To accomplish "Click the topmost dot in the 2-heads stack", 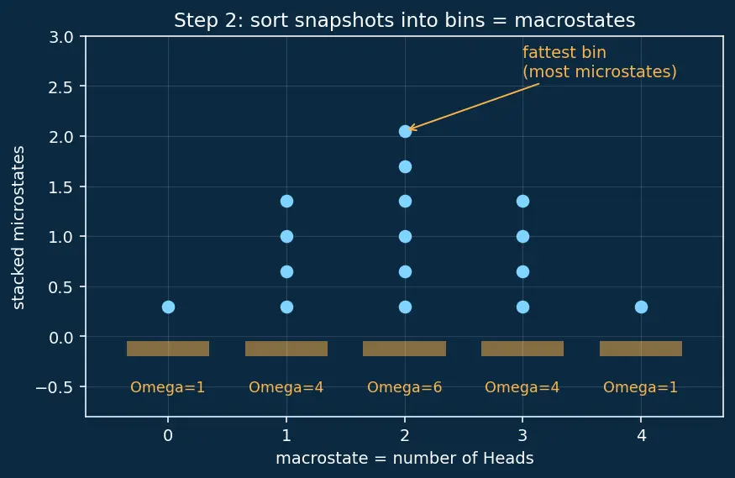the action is click(x=405, y=132).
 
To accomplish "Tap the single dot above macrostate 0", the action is click(x=168, y=307).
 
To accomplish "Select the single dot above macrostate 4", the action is click(x=641, y=307).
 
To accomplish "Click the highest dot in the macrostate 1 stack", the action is click(x=287, y=202).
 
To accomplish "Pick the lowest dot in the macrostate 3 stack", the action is click(x=522, y=307).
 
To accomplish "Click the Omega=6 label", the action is click(x=405, y=387).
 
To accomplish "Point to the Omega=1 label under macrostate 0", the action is click(x=168, y=387).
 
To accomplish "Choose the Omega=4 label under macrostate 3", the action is click(x=522, y=387).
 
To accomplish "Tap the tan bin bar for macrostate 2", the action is click(x=405, y=349).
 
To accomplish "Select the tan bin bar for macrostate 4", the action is click(x=641, y=349).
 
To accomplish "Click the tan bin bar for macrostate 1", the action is click(x=286, y=349).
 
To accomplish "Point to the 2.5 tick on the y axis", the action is click(x=61, y=87).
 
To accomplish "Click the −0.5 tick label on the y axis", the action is click(x=55, y=387).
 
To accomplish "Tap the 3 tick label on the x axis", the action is click(x=522, y=436).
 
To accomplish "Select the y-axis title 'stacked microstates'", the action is click(x=18, y=228).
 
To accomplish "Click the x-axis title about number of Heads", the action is click(x=405, y=458).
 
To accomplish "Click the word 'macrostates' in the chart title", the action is click(x=575, y=21).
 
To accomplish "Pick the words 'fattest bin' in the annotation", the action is click(x=564, y=52).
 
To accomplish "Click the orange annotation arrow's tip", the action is click(x=409, y=129).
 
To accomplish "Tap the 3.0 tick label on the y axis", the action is click(x=61, y=37).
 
